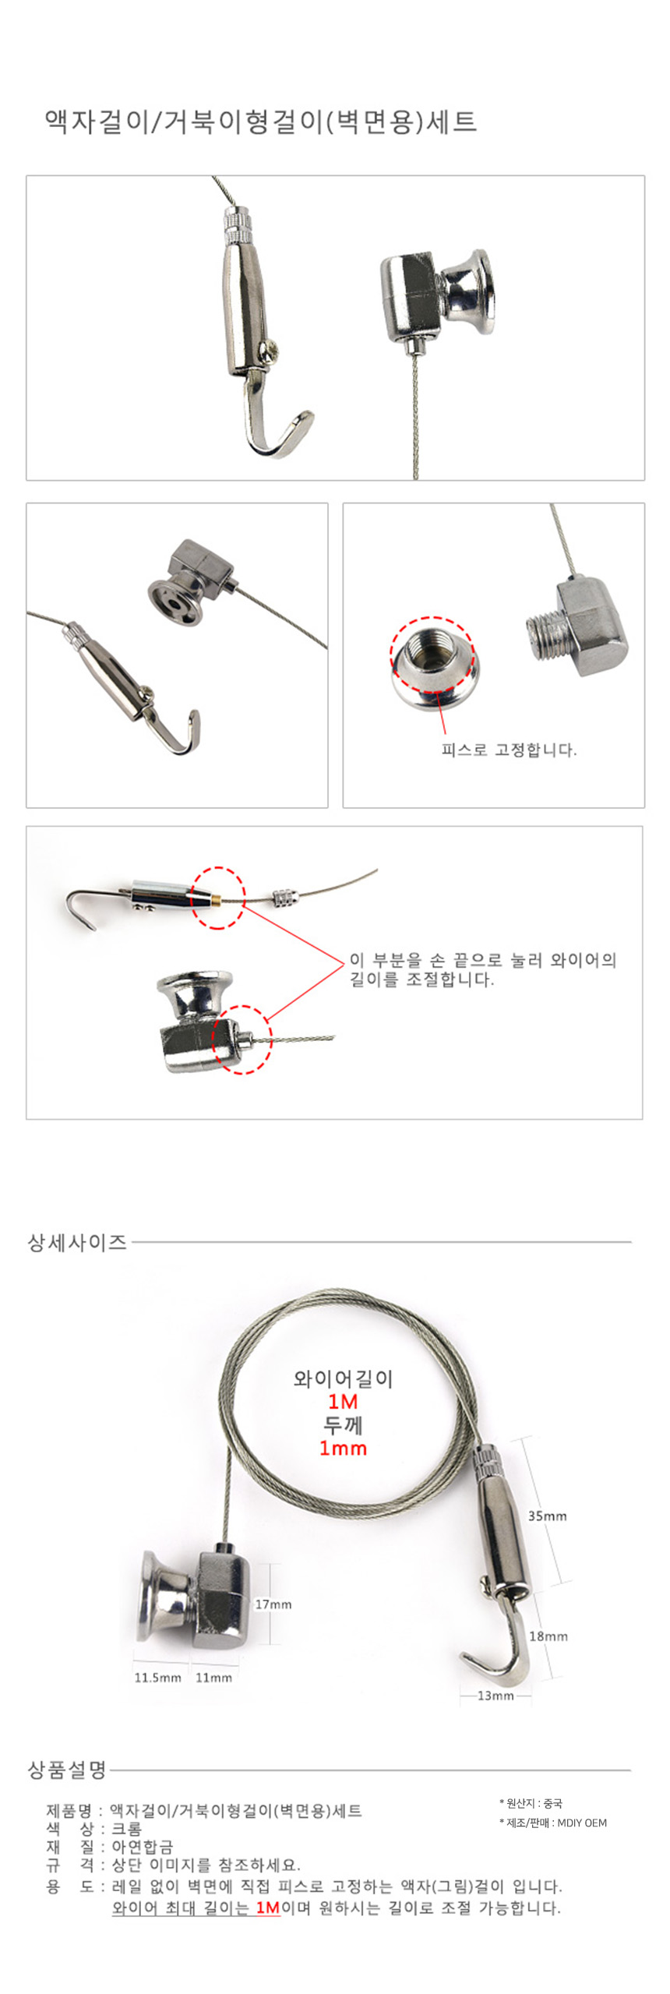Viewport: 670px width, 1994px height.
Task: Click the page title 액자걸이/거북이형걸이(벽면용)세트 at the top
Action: [260, 122]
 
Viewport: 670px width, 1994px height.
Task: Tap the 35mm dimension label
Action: [548, 1516]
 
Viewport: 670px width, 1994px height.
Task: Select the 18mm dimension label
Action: [548, 1636]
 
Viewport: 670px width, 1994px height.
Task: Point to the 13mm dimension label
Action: [495, 1696]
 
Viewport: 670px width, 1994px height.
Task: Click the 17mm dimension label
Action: [273, 1604]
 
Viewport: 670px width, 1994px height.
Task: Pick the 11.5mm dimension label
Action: [157, 1678]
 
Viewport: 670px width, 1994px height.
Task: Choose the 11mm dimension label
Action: [213, 1678]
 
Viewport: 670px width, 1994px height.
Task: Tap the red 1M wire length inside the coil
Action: [343, 1402]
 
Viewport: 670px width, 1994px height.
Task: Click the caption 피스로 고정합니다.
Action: [509, 750]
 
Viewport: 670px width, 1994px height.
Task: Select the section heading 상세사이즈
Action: [77, 1242]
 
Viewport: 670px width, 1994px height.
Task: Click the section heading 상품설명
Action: [67, 1770]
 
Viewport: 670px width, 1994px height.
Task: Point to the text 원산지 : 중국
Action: [531, 1803]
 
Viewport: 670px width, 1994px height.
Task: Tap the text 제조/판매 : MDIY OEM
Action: [553, 1823]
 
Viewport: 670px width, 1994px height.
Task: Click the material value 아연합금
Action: [143, 1847]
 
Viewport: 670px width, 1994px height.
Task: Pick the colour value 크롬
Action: [127, 1828]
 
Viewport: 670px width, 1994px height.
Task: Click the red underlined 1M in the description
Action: [268, 1908]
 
